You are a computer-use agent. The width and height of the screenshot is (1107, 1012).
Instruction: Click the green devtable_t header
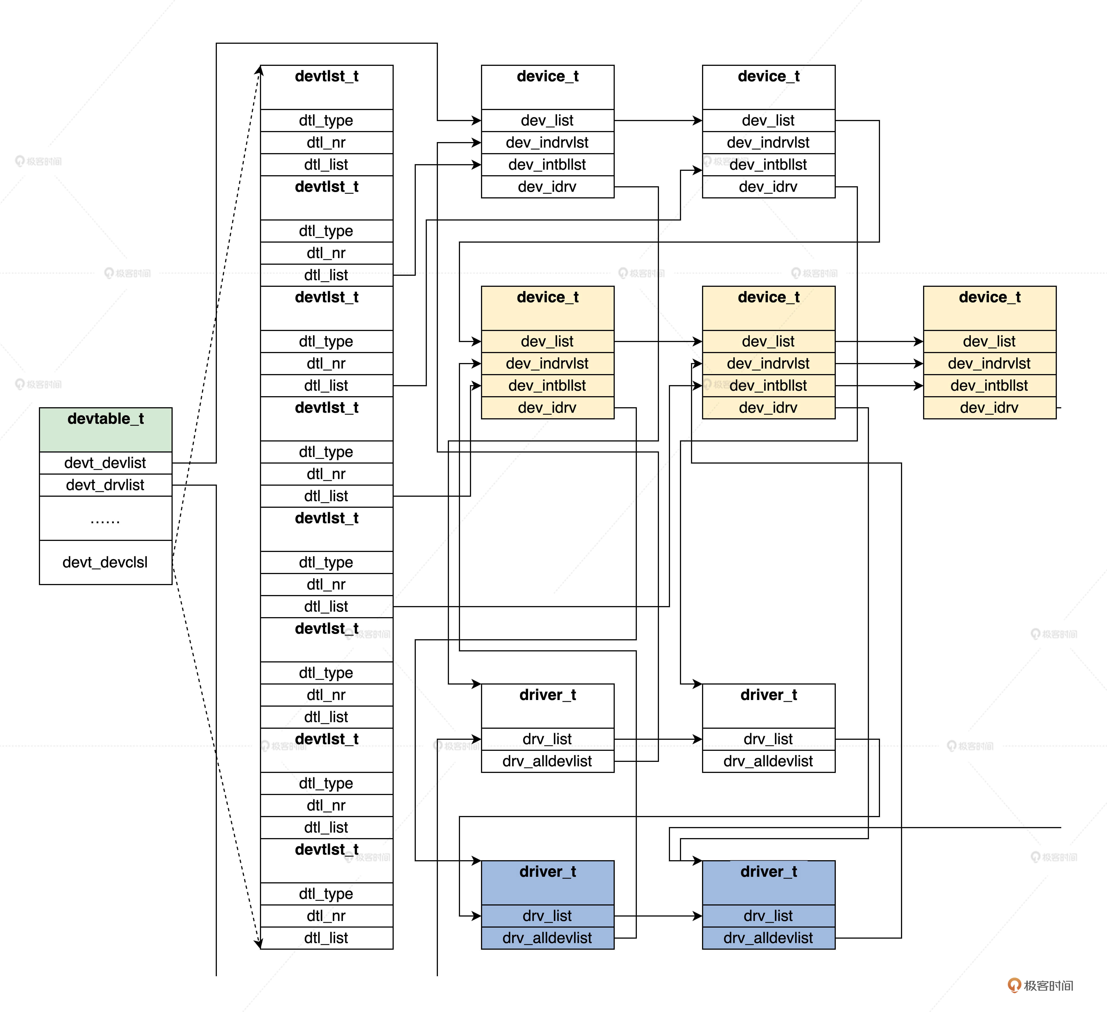[105, 429]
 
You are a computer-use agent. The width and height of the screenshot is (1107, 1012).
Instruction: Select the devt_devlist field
[105, 463]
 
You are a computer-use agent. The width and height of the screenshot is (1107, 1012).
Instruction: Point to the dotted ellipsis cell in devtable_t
[105, 518]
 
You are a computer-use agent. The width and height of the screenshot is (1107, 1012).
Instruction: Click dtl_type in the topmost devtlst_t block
[326, 120]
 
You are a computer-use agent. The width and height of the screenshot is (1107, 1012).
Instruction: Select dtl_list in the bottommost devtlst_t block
[326, 938]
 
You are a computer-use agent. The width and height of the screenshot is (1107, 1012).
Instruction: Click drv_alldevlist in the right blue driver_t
[768, 938]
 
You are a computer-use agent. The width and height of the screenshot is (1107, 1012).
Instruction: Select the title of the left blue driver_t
[548, 871]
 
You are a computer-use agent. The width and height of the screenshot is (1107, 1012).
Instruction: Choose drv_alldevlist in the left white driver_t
[548, 761]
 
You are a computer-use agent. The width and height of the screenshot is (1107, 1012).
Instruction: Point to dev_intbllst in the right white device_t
[768, 165]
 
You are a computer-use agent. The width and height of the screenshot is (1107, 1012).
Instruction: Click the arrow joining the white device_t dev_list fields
[658, 120]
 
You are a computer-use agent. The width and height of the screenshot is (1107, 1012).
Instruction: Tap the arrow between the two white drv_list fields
[658, 739]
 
